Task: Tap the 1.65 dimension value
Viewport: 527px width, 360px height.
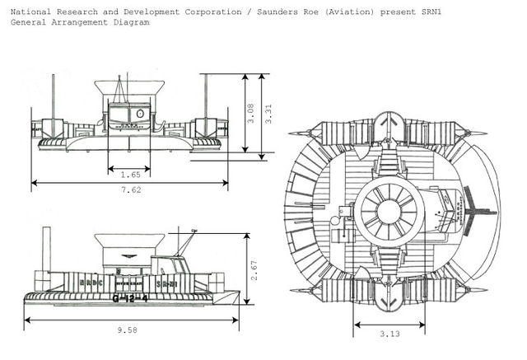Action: point(128,175)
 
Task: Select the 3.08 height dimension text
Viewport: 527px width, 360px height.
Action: point(250,113)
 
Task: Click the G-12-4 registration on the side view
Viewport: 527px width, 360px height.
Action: point(132,298)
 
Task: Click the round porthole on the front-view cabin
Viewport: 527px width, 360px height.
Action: point(140,113)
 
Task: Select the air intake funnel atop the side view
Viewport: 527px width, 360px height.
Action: point(128,244)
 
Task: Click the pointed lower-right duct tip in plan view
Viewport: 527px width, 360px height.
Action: point(482,290)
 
